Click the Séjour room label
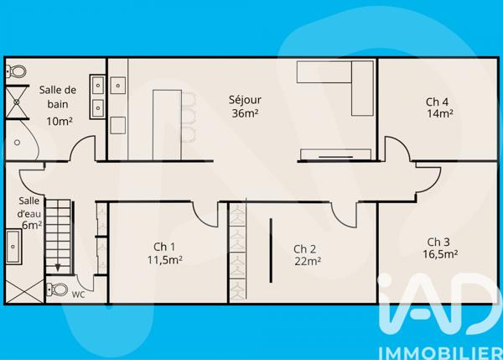click(x=245, y=100)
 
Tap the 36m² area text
click(x=245, y=113)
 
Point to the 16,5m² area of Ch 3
click(x=439, y=254)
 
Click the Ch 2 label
click(x=304, y=248)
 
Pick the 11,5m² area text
click(x=164, y=259)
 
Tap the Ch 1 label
click(x=164, y=247)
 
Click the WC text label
click(x=78, y=295)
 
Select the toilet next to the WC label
click(x=58, y=290)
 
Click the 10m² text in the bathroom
click(x=58, y=121)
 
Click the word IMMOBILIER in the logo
click(x=437, y=347)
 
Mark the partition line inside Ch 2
click(x=270, y=249)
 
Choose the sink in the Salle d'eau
click(x=14, y=247)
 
